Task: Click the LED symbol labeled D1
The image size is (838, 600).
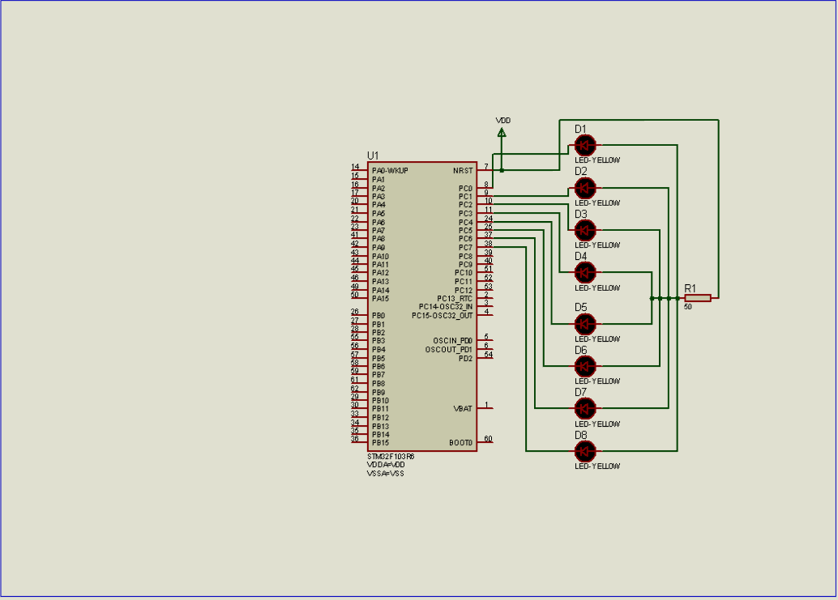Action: pyautogui.click(x=585, y=145)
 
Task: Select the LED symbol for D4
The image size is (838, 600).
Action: pyautogui.click(x=585, y=272)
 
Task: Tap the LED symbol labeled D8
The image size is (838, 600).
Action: pyautogui.click(x=585, y=450)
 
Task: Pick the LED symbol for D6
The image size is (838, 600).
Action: pyautogui.click(x=585, y=365)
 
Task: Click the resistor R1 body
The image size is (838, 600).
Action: pyautogui.click(x=697, y=298)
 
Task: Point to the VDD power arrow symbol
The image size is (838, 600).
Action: pyautogui.click(x=502, y=131)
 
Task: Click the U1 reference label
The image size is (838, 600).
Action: pyautogui.click(x=373, y=155)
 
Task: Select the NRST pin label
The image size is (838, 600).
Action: pyautogui.click(x=463, y=171)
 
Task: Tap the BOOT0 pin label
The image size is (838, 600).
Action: pyautogui.click(x=460, y=443)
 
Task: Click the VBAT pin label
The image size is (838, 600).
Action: pyautogui.click(x=463, y=409)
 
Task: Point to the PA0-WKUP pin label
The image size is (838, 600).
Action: pyautogui.click(x=390, y=171)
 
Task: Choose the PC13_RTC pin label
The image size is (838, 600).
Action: pyautogui.click(x=454, y=299)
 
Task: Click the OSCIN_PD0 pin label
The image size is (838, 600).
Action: pyautogui.click(x=452, y=341)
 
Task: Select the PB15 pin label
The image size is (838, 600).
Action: pyautogui.click(x=380, y=443)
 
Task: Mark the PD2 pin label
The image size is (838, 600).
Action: pyautogui.click(x=465, y=358)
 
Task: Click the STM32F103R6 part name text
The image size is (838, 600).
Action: pyautogui.click(x=391, y=457)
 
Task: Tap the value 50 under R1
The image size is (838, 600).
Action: pyautogui.click(x=688, y=307)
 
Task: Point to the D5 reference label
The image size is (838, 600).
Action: pyautogui.click(x=580, y=307)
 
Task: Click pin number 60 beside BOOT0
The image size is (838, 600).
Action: pyautogui.click(x=487, y=439)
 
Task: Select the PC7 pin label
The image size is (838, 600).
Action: pyautogui.click(x=465, y=247)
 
